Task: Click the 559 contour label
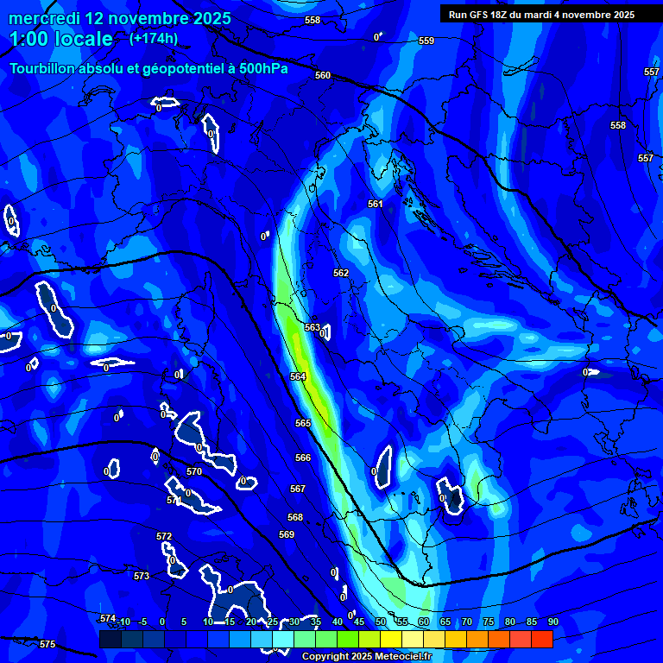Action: click(x=426, y=41)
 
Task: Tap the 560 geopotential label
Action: click(x=323, y=75)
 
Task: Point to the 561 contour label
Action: click(x=376, y=204)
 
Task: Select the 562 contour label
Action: click(x=341, y=273)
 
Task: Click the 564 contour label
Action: click(x=298, y=376)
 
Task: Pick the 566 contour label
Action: click(x=303, y=458)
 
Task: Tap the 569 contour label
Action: click(x=287, y=534)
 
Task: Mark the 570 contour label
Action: click(x=194, y=471)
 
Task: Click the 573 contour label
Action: click(x=142, y=576)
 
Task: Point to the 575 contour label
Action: click(x=47, y=645)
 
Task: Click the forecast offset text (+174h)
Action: click(x=154, y=38)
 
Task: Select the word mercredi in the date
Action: click(x=44, y=18)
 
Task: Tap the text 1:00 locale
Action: click(x=61, y=39)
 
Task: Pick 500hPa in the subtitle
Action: click(x=258, y=68)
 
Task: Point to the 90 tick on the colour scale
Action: click(x=552, y=622)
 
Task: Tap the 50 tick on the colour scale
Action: click(x=381, y=622)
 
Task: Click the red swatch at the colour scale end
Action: click(x=541, y=639)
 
